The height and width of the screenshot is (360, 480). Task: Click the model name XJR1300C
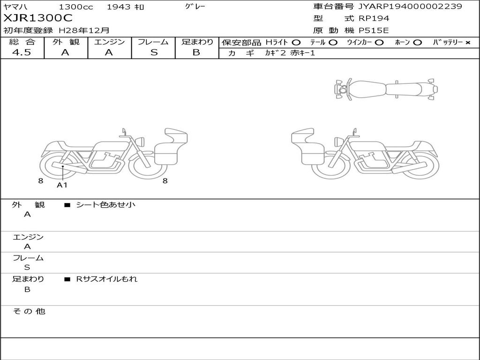[38, 18]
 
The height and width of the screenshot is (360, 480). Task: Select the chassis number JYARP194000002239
[410, 6]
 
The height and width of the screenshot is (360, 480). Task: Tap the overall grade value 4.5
[22, 52]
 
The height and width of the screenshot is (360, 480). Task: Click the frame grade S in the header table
[154, 52]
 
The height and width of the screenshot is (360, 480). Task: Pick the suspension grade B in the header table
[196, 52]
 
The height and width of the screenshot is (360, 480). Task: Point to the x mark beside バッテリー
[468, 43]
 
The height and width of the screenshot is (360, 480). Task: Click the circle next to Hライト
[296, 43]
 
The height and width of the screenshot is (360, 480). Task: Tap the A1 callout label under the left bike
[62, 185]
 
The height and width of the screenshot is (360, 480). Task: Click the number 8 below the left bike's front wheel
[165, 181]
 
